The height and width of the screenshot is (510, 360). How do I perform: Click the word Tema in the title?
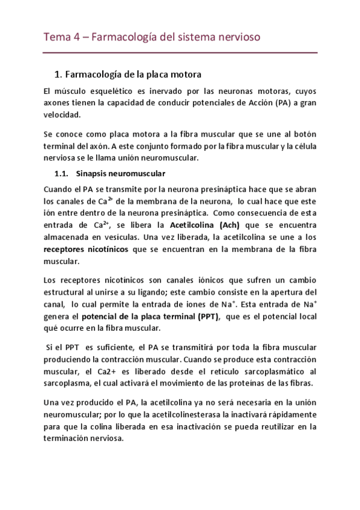click(56, 38)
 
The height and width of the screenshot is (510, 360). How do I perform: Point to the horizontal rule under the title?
click(180, 52)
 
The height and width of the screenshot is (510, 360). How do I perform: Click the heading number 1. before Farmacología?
click(58, 75)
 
